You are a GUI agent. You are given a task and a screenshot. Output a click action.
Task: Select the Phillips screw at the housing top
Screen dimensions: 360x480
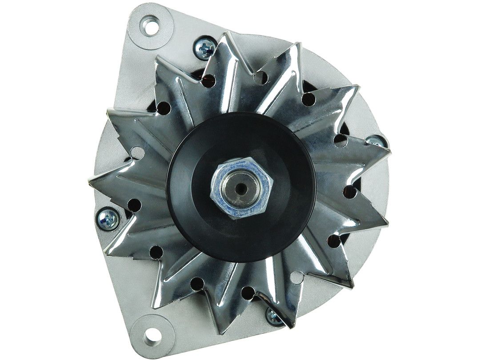(205, 48)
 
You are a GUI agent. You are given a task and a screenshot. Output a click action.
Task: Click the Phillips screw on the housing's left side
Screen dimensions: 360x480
(108, 219)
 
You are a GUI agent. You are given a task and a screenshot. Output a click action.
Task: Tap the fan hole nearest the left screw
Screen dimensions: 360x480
(134, 204)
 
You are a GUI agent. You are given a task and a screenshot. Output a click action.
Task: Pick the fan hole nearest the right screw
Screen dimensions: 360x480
(340, 140)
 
